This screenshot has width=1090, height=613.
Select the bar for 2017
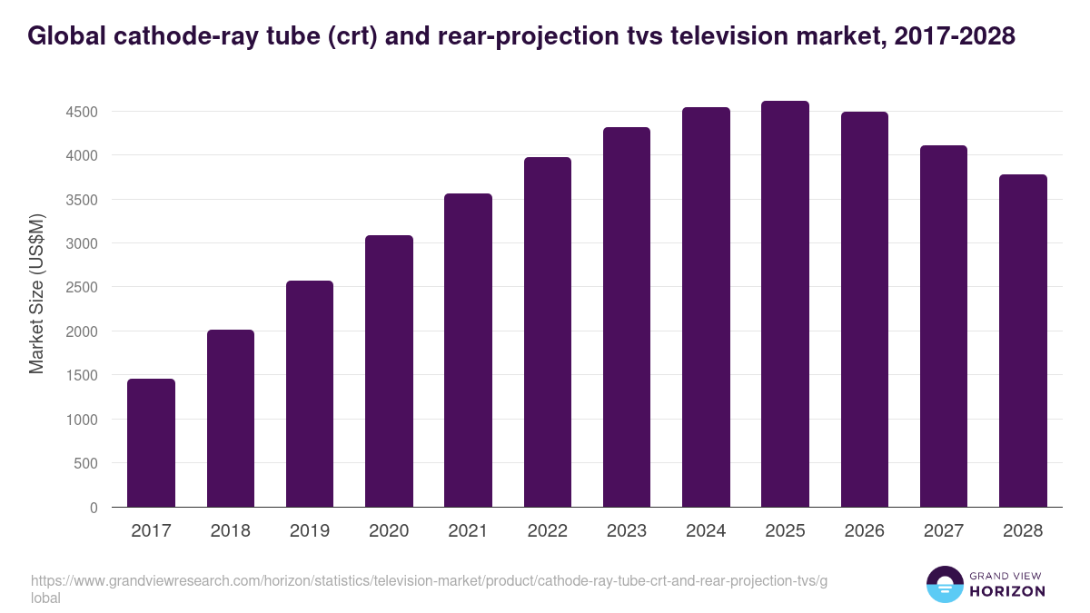pyautogui.click(x=151, y=443)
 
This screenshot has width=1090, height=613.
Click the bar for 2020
pyautogui.click(x=389, y=371)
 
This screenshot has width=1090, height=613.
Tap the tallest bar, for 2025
pyautogui.click(x=785, y=304)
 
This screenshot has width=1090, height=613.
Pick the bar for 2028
pyautogui.click(x=1023, y=341)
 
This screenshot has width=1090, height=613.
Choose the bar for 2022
pyautogui.click(x=548, y=332)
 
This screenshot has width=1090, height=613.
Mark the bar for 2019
pyautogui.click(x=310, y=394)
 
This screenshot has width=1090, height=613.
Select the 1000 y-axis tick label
pyautogui.click(x=82, y=420)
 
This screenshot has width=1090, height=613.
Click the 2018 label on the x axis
pyautogui.click(x=231, y=531)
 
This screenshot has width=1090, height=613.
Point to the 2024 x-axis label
pyautogui.click(x=706, y=531)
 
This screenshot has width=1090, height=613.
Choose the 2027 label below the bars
pyautogui.click(x=944, y=531)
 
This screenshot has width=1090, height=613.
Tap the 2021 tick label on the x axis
pyautogui.click(x=468, y=531)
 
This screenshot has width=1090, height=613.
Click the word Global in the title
pyautogui.click(x=69, y=36)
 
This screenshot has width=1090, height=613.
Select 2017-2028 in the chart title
pyautogui.click(x=954, y=36)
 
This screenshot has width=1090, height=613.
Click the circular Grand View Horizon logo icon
pyautogui.click(x=945, y=584)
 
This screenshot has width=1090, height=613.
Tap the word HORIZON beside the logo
pyautogui.click(x=1008, y=591)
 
